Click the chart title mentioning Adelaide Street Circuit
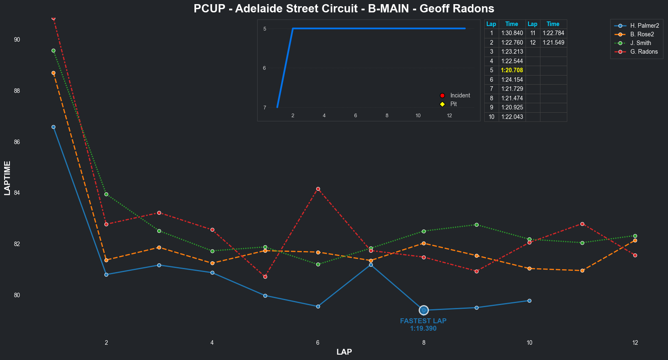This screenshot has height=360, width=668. pos(344,9)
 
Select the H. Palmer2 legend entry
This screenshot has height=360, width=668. pos(644,26)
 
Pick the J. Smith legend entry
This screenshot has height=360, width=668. pos(640,43)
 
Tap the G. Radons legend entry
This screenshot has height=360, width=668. pos(644,52)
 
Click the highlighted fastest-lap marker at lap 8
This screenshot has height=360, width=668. pos(424,310)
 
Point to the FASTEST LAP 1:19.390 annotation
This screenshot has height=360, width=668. pos(423,324)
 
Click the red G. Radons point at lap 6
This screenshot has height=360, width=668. pos(318,189)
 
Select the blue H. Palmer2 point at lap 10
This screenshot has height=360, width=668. pos(529,301)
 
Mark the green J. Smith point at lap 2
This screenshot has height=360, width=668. pos(106,194)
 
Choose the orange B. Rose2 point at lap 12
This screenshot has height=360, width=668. pos(635,240)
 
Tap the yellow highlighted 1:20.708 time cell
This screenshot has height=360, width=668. pos(512,70)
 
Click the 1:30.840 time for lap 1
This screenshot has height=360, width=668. pos(512,33)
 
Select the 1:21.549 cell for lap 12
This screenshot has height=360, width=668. pos(553,43)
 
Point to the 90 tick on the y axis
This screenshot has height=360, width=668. pos(17,40)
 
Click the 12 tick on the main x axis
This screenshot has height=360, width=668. pos(635,343)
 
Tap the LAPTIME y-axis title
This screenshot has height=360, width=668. pos(7,178)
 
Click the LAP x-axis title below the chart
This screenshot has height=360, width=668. pos(344,352)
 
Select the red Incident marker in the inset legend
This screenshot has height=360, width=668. pos(443,95)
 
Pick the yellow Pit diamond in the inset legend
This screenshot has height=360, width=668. pos(443,104)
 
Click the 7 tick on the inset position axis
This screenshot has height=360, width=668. pos(265,108)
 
